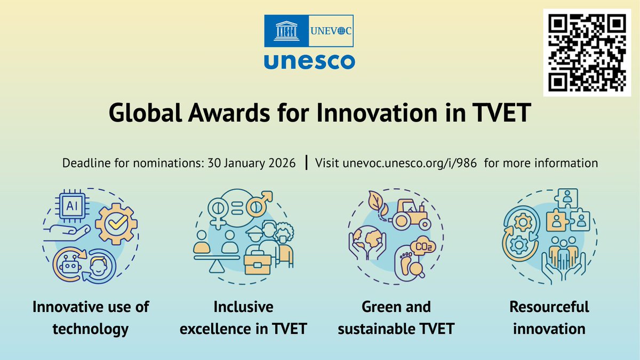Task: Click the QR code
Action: pos(587,52)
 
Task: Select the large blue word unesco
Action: pos(309,61)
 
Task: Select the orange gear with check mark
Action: pos(116,225)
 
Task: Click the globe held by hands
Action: pos(367,239)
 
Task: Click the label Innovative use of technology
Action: pos(91,318)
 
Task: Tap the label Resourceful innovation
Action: pos(549,318)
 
